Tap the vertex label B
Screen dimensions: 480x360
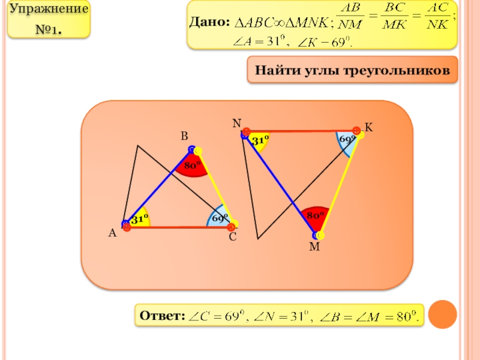point(185,137)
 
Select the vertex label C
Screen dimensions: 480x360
point(232,238)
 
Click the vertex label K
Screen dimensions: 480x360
point(368,128)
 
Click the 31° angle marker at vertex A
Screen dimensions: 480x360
point(140,220)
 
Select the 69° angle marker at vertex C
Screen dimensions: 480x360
point(218,218)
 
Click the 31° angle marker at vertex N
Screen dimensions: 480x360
point(260,140)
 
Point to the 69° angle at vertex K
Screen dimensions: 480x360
point(347,140)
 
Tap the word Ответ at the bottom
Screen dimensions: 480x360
point(161,315)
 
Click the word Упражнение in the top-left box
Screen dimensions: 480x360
point(50,10)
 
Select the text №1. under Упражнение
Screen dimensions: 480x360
point(50,28)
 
